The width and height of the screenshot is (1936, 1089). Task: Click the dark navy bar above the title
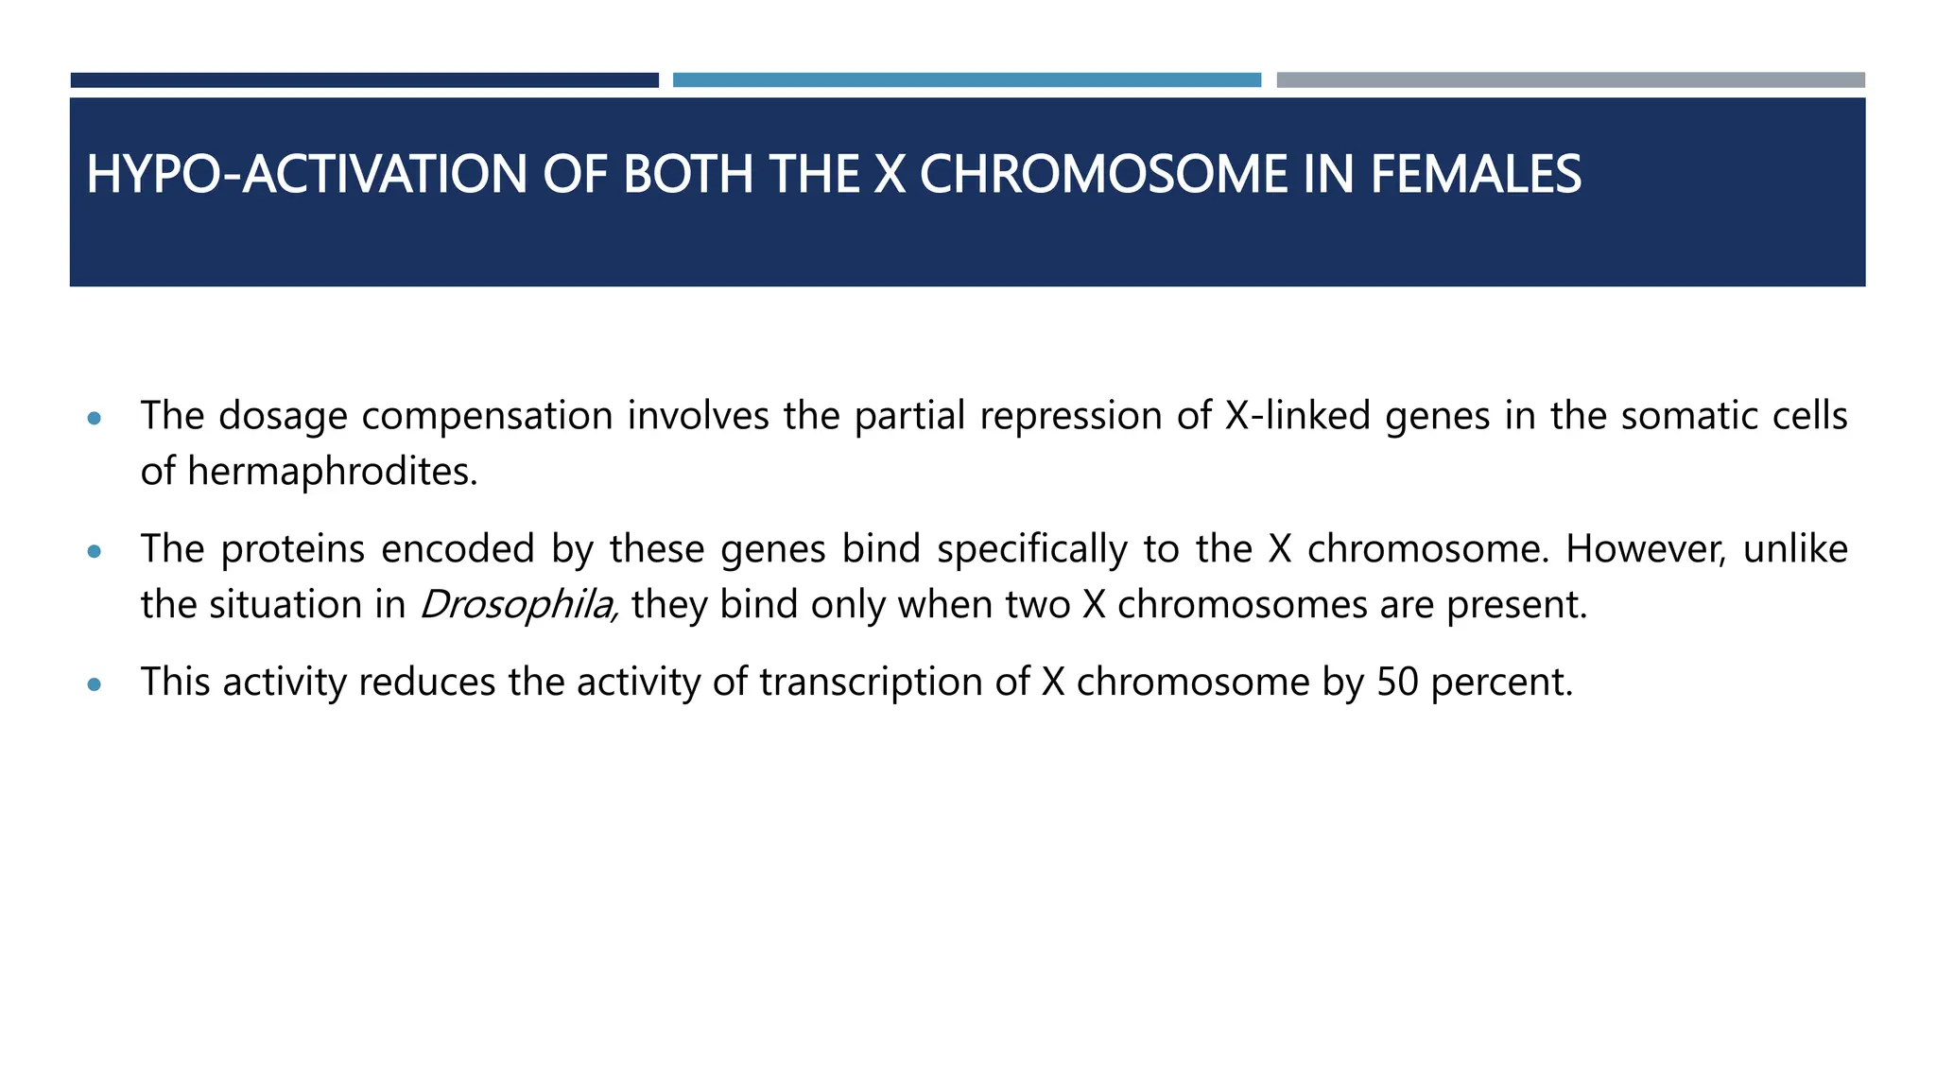pos(364,80)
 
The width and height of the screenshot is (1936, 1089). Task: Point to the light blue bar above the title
pos(966,80)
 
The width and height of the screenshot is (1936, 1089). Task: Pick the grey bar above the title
pos(1570,80)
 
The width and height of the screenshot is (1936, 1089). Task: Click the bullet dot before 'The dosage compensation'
pos(94,418)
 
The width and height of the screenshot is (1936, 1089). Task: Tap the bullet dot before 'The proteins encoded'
pos(94,551)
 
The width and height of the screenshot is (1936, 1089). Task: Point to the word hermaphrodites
pos(332,472)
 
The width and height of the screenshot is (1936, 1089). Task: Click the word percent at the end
pos(1501,682)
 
